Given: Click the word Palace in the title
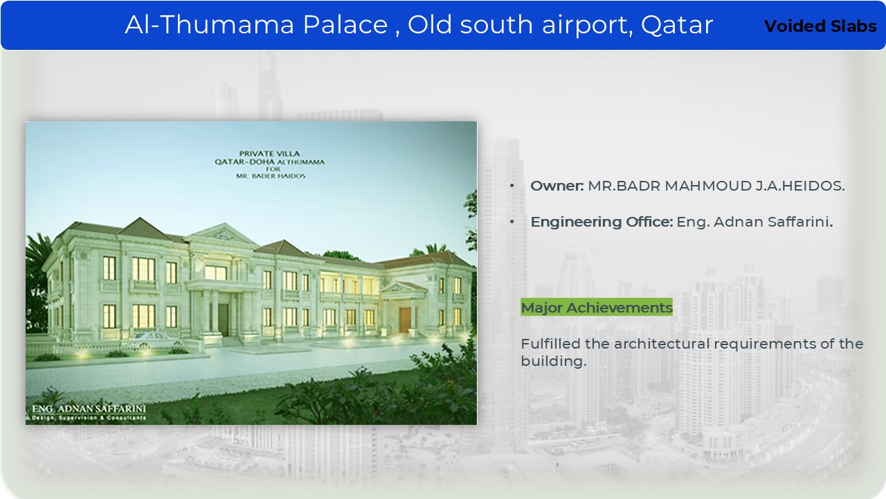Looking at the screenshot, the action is pos(345,24).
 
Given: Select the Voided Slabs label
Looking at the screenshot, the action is pos(820,26).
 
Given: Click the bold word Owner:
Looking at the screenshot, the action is pos(557,186).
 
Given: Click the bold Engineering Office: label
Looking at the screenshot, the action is pos(602,222).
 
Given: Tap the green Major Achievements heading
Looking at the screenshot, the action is pos(597,307).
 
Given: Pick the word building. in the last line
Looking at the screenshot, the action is pos(553,361).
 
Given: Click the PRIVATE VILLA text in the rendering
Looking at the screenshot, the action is pos(269,154).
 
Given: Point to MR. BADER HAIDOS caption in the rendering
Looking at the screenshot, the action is pos(271,176).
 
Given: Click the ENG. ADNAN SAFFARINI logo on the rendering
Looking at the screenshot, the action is pos(89,412).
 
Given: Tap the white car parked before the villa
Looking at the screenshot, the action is pos(155,340).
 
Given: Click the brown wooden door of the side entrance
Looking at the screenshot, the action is pos(404,320).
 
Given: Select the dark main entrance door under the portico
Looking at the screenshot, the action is pos(223,320).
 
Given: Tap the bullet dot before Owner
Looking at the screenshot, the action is pos(512,186).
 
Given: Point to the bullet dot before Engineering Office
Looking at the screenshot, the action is pos(512,222).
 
